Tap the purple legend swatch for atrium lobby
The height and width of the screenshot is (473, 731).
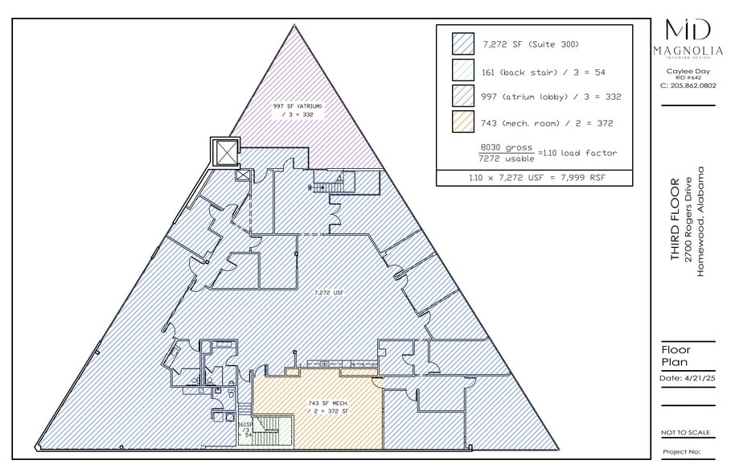[464, 97]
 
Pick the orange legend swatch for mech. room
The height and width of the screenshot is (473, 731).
[464, 122]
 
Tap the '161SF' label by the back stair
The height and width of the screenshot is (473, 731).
[244, 424]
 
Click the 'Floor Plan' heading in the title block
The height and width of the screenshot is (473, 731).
[676, 356]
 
